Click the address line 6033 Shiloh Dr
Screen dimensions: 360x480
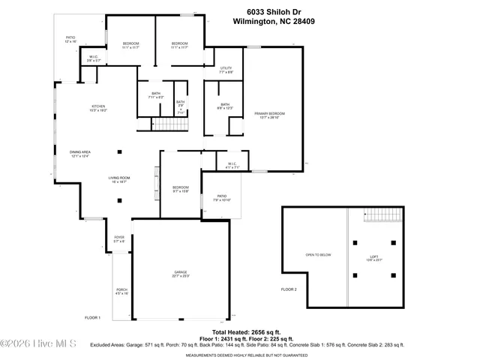[x=275, y=12]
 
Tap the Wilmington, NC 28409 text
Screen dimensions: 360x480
[x=275, y=22]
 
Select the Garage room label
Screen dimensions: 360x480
[x=181, y=274]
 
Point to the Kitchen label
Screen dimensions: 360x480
[x=99, y=108]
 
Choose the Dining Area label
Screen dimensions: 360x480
[x=80, y=154]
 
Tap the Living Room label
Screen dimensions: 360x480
[x=120, y=179]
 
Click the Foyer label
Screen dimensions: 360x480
[x=118, y=240]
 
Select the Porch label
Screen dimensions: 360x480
[x=121, y=291]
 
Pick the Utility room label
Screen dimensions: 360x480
[x=226, y=70]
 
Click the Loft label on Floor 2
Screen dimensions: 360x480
[x=373, y=258]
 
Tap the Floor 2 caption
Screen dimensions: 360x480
[x=289, y=289]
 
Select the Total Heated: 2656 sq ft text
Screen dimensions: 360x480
[x=245, y=331]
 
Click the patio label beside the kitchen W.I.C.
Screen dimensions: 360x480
[x=70, y=39]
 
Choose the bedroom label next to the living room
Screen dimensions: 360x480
[x=181, y=188]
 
